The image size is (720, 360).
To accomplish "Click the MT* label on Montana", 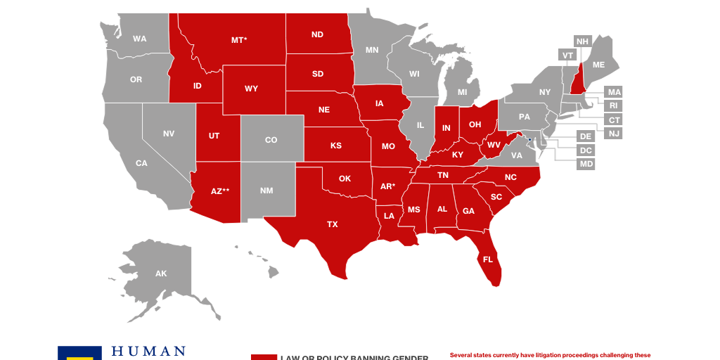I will click(x=239, y=40).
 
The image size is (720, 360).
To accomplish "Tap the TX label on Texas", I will click(x=333, y=224).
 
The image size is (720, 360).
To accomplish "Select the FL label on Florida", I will click(x=488, y=259).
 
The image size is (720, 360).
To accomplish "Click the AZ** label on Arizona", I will click(x=220, y=191).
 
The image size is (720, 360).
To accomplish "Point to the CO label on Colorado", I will click(x=271, y=140).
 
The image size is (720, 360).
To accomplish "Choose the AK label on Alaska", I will click(x=161, y=274).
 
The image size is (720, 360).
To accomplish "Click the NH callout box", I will click(x=582, y=41).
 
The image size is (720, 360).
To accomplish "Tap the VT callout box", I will click(x=567, y=55).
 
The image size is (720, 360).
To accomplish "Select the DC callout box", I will click(x=586, y=150).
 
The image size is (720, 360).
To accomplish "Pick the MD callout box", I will click(x=586, y=164).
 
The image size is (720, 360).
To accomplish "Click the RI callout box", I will click(x=614, y=105).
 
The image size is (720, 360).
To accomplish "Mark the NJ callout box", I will click(x=614, y=134).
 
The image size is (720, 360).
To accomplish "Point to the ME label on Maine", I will click(x=598, y=65).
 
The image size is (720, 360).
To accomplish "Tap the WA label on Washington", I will click(x=140, y=39).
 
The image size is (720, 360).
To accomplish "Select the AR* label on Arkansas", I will click(x=387, y=186).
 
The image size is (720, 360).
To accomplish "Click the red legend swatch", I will click(x=264, y=356).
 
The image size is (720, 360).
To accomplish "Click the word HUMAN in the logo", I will click(x=149, y=351).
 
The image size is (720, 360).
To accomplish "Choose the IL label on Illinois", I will click(x=420, y=125).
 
